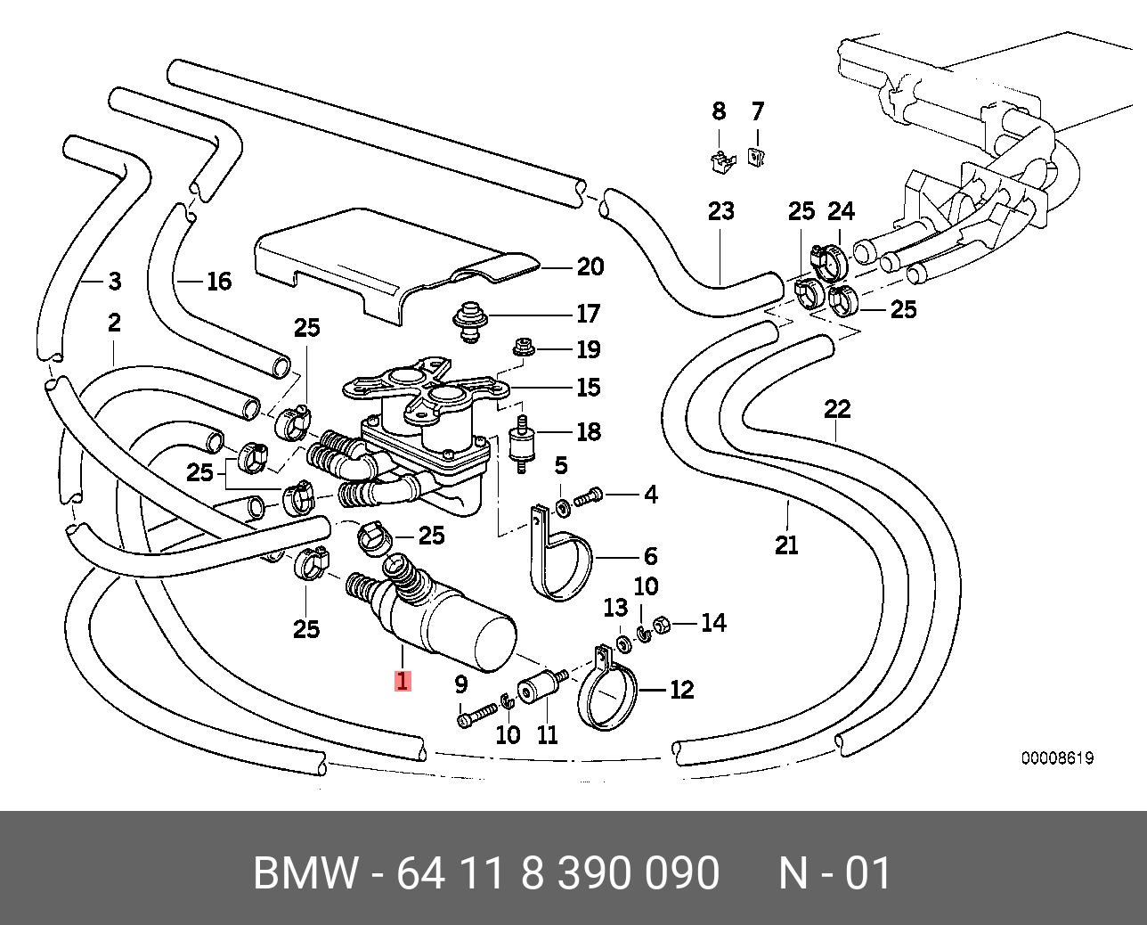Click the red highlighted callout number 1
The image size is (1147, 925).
tap(403, 682)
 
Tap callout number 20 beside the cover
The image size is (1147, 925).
tap(590, 266)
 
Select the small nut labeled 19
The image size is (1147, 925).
tap(522, 348)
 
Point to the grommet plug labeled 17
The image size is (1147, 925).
tap(469, 322)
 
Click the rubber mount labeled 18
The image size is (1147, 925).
tap(522, 444)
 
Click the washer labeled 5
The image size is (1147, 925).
tap(561, 507)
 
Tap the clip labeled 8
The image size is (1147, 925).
tap(722, 160)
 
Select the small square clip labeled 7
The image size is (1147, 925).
tap(757, 156)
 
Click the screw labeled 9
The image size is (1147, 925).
tap(476, 716)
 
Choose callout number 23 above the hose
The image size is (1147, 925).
tap(720, 211)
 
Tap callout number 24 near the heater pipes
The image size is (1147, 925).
tap(841, 211)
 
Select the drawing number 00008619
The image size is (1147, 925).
tap(1057, 758)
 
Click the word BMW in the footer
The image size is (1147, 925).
tap(305, 872)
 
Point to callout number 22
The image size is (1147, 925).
tap(837, 409)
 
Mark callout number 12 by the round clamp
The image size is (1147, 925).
tap(681, 690)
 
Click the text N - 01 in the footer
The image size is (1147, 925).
tap(835, 872)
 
